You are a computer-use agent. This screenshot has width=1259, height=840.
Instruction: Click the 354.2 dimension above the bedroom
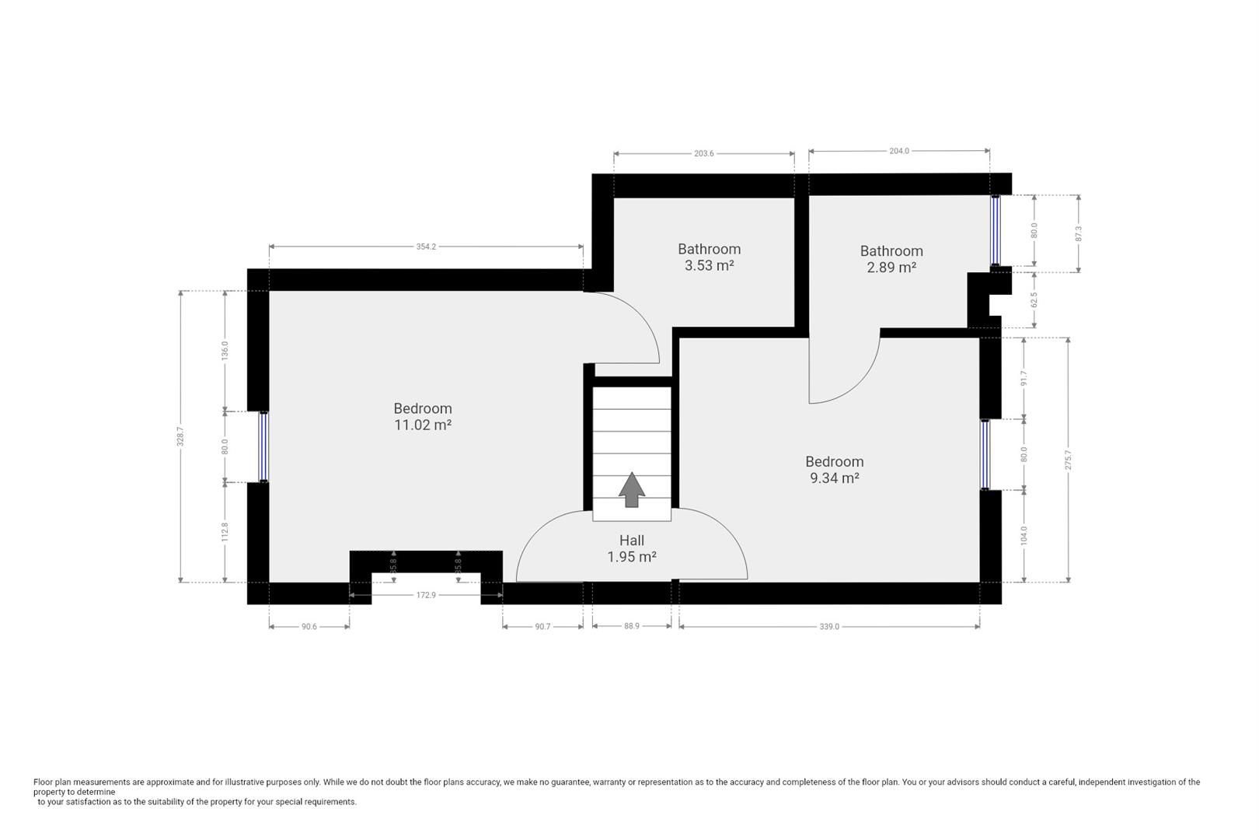click(426, 247)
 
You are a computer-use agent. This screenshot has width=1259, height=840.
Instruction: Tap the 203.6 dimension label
click(703, 153)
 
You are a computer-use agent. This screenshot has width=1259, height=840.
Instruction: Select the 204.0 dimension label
click(898, 151)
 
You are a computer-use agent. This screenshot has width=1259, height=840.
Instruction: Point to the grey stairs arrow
click(632, 490)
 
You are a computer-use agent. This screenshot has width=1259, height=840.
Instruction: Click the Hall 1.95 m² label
click(631, 548)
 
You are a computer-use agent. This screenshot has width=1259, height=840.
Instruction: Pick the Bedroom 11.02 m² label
click(422, 417)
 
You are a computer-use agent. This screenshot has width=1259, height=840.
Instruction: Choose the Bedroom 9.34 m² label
click(834, 470)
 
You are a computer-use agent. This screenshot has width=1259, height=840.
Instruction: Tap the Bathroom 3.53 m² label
click(709, 257)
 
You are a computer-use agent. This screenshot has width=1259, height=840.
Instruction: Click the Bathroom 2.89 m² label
click(891, 259)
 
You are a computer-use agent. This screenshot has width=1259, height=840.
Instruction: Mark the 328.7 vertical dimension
click(180, 436)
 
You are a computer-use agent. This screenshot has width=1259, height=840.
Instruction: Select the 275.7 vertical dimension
click(1068, 460)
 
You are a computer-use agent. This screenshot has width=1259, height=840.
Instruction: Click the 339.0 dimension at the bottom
click(828, 626)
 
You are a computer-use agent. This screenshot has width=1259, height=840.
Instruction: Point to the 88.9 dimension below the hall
click(631, 625)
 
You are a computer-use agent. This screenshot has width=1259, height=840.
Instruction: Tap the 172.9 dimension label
click(426, 595)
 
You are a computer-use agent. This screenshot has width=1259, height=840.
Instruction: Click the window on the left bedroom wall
click(263, 447)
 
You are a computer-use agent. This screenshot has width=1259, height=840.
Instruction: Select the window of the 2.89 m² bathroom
click(995, 230)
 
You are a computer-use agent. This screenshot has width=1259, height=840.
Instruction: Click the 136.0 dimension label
click(225, 351)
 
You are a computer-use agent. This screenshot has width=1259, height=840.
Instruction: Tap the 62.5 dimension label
click(1034, 300)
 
